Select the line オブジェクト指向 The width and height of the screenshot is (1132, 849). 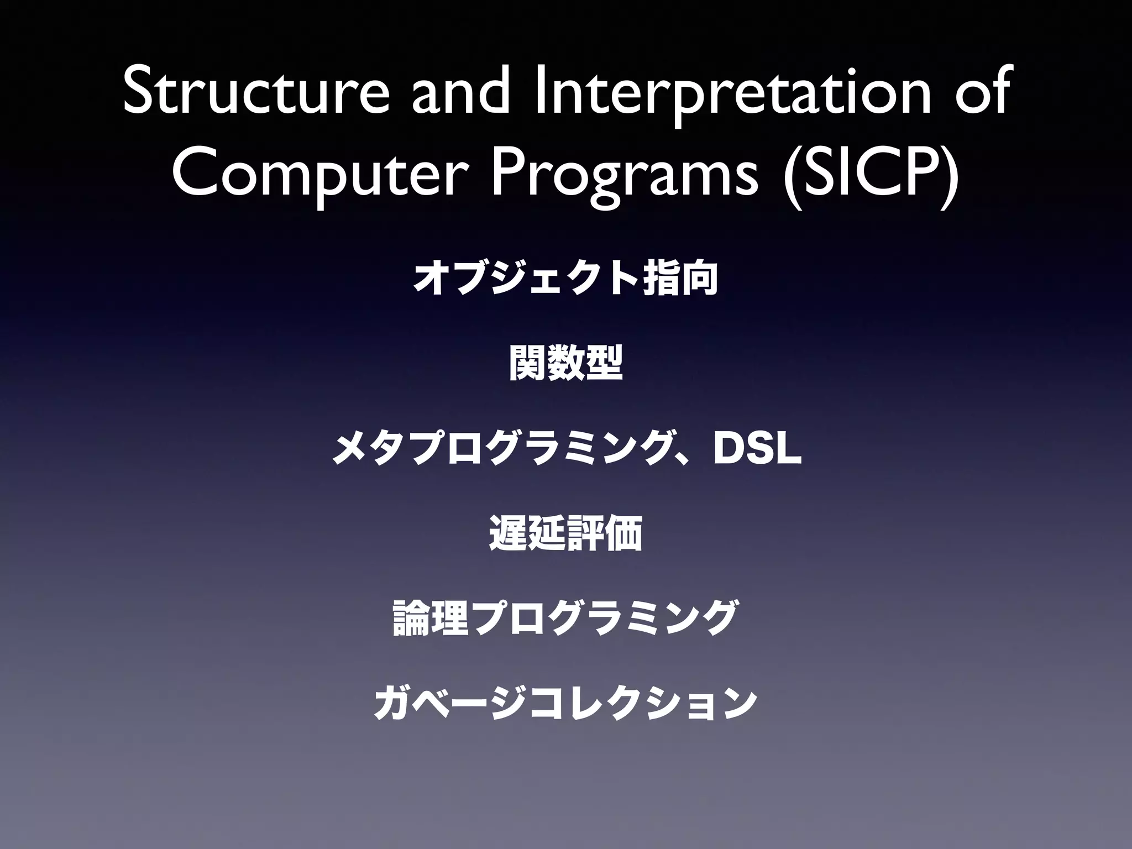[565, 279]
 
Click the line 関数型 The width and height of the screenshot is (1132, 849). [565, 364]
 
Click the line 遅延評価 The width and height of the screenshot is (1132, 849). [565, 533]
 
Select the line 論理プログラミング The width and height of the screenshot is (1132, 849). [565, 618]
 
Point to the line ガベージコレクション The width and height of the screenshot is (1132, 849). [565, 703]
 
